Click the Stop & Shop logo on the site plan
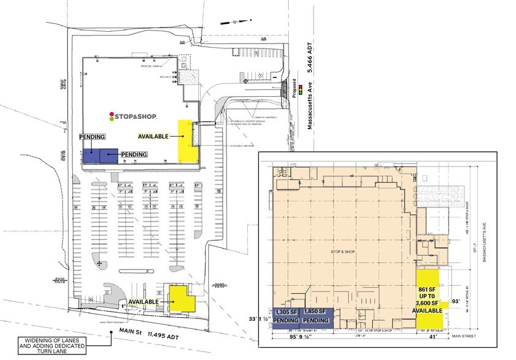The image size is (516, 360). pos(133,116)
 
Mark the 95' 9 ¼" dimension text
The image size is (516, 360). pos(297,337)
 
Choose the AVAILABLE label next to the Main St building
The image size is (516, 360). pos(143,302)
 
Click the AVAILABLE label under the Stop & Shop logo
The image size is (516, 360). pos(153,136)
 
